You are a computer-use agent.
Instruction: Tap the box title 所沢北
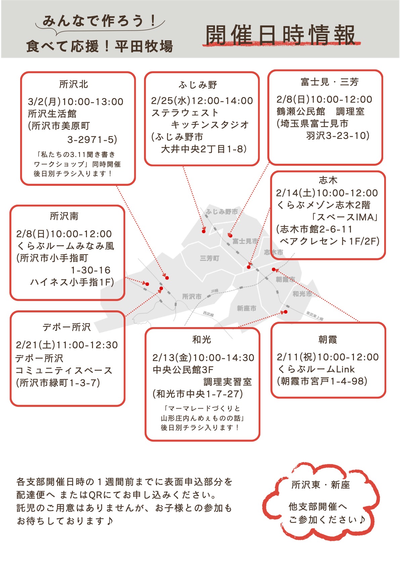click(74, 84)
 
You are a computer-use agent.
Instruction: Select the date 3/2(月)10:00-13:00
click(76, 102)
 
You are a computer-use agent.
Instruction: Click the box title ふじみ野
click(198, 85)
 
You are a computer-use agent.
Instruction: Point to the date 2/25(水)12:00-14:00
click(202, 101)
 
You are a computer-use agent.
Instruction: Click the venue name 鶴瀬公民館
click(301, 111)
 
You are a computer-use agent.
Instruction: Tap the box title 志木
click(328, 180)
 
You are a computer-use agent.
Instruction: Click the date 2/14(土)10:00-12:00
click(327, 193)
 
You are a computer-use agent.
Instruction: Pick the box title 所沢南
click(64, 216)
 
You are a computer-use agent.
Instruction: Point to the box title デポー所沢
click(66, 327)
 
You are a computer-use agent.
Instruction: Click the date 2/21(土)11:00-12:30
click(67, 345)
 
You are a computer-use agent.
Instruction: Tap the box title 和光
click(202, 340)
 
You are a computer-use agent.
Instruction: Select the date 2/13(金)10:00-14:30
click(203, 358)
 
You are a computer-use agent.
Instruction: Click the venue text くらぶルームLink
click(316, 369)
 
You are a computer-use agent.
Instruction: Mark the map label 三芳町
click(209, 258)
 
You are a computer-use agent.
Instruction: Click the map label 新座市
click(247, 308)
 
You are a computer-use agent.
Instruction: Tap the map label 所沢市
click(192, 296)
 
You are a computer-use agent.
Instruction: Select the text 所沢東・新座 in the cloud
click(320, 485)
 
